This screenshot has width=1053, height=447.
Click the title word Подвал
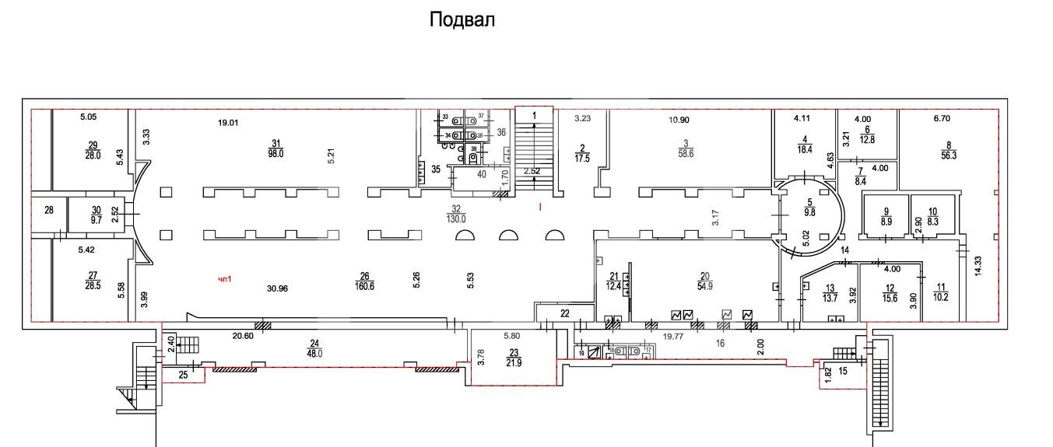pos(462,20)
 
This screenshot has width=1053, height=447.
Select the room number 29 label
pos(93,145)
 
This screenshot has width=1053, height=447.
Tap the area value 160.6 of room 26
pos(363,285)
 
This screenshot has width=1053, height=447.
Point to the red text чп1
pos(226,279)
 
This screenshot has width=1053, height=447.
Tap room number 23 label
pos(512,351)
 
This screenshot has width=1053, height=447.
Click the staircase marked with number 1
pos(534,148)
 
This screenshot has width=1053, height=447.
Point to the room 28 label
pos(49,211)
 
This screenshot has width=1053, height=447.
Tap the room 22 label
pos(565,313)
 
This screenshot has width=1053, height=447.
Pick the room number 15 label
pos(843,371)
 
